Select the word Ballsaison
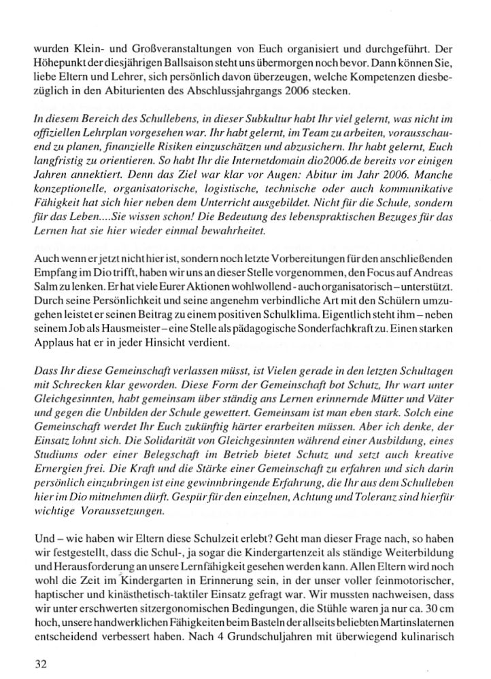point(163,65)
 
